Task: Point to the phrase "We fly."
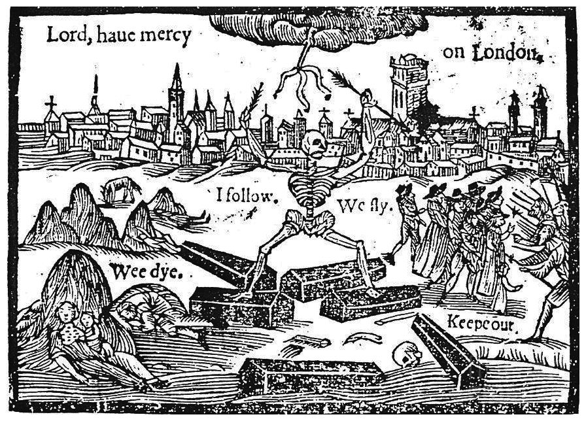pos(364,207)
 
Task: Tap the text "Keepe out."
pos(483,322)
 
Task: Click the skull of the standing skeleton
pos(313,140)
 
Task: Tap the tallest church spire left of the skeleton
pos(175,98)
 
